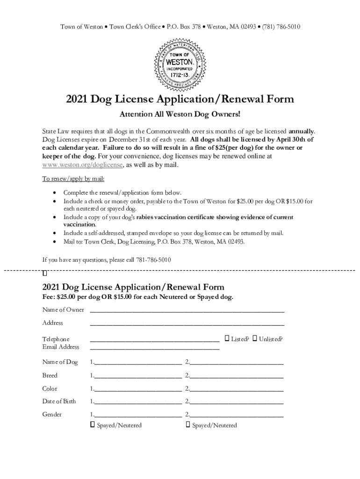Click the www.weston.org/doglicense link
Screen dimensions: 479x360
tap(83, 165)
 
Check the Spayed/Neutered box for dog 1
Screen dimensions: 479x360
tap(92, 425)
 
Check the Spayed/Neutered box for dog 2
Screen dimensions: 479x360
tap(187, 425)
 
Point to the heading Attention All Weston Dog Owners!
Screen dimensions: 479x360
tap(180, 114)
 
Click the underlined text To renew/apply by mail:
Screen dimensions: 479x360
tap(73, 179)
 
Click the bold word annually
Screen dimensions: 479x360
tap(302, 131)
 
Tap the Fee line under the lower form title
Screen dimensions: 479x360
tap(137, 298)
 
